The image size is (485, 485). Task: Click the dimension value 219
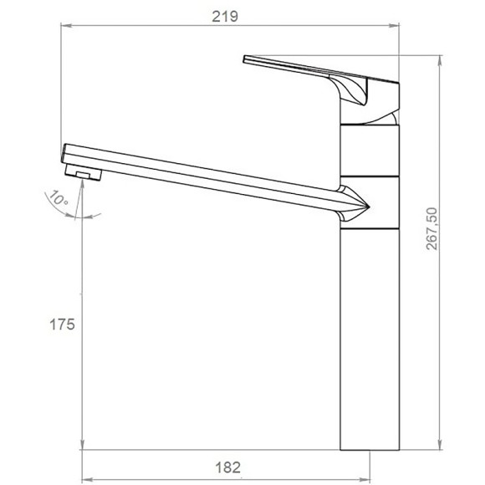tap(225, 17)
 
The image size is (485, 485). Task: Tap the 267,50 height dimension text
tap(431, 228)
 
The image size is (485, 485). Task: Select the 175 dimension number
tap(62, 324)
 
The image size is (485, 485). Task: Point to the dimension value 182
tap(227, 467)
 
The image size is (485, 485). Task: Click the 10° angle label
tap(59, 197)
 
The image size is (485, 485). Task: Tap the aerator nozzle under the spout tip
tap(84, 172)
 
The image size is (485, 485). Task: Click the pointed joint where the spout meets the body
tap(355, 203)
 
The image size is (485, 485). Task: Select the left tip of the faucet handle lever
tap(244, 59)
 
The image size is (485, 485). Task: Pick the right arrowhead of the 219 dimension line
tap(394, 25)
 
